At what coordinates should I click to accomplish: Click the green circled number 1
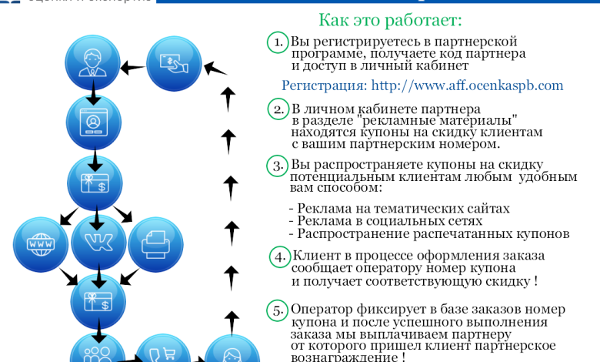[278, 42]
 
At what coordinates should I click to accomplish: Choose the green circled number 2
[279, 109]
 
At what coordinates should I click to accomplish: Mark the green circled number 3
[278, 165]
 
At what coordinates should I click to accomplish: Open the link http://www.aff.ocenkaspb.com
[467, 85]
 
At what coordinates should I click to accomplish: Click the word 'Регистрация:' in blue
[324, 85]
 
